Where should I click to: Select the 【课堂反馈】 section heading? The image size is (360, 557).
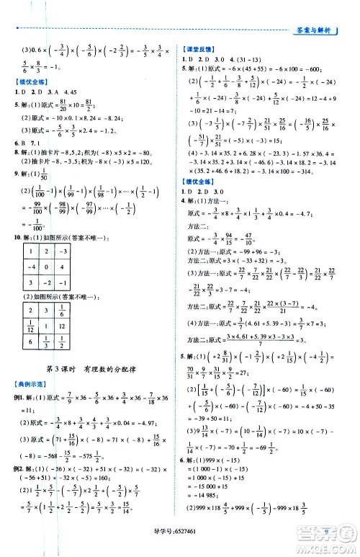[199, 47]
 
